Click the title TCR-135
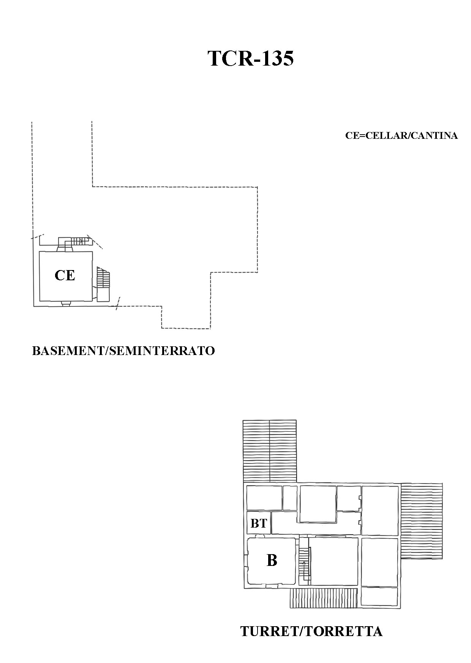pos(251,58)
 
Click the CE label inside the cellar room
pos(65,275)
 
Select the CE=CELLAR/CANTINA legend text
pos(401,135)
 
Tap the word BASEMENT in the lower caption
pos(68,350)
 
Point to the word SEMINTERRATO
pos(162,350)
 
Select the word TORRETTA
pos(343,632)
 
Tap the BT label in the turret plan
pos(259,523)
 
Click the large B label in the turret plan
pos(272,560)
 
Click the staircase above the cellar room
pos(77,241)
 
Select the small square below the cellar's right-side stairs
pos(103,294)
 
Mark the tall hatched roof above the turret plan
pos(269,451)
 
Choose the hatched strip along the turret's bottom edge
pos(324,598)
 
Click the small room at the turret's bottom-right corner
pos(379,596)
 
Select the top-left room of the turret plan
pos(264,498)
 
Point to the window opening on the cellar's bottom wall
pos(65,303)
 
